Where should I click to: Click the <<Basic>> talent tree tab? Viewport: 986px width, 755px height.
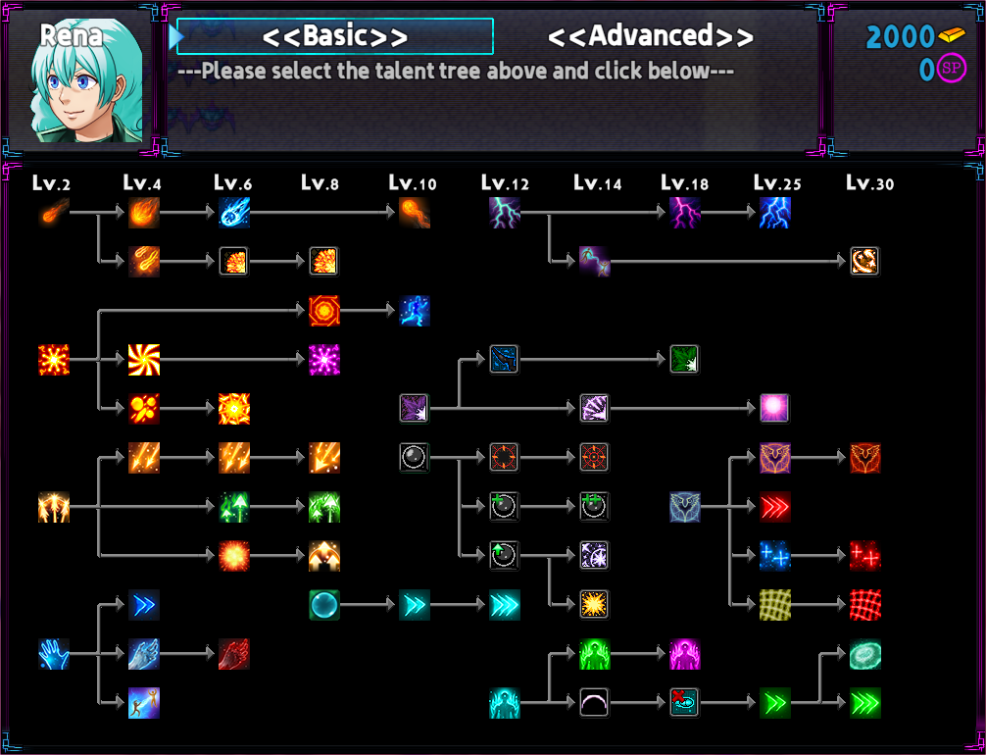tap(335, 36)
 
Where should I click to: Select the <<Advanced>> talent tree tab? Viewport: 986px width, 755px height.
tap(650, 36)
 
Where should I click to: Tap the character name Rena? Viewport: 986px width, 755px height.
tap(71, 35)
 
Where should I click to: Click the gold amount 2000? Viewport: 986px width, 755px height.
tap(900, 37)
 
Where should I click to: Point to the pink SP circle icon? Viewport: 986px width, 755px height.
tap(952, 68)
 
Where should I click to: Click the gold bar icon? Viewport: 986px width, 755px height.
tap(952, 35)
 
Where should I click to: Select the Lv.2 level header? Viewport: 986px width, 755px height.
tap(52, 183)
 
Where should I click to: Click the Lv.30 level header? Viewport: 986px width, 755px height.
tap(869, 183)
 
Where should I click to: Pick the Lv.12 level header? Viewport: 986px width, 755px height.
tap(505, 183)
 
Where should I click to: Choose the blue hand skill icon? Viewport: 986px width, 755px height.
tap(54, 654)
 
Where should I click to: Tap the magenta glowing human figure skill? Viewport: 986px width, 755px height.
tap(685, 654)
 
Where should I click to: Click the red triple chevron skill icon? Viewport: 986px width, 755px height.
tap(774, 507)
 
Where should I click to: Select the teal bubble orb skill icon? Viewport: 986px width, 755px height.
tap(324, 605)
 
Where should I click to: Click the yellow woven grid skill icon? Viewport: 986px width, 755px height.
tap(774, 605)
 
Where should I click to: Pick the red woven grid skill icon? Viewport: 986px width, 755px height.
tap(865, 605)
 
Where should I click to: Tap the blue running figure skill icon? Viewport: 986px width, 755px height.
tap(415, 311)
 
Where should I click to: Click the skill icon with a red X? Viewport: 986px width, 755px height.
tap(685, 703)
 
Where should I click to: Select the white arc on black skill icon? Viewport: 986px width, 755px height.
tap(594, 703)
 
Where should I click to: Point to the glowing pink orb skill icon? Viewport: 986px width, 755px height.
tap(774, 408)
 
